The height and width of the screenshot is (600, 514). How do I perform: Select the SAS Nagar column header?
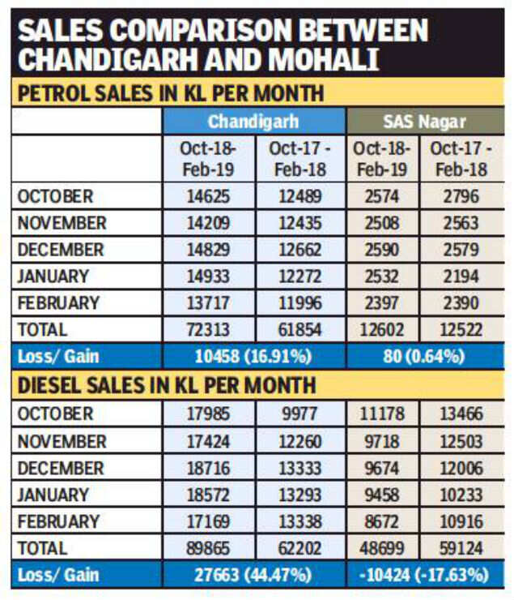pyautogui.click(x=424, y=122)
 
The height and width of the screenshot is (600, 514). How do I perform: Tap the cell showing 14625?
pyautogui.click(x=208, y=196)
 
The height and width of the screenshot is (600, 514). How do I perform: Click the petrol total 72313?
pyautogui.click(x=208, y=330)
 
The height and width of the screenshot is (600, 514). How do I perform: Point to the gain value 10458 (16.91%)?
pyautogui.click(x=253, y=357)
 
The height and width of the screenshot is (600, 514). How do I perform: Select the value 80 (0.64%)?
pyautogui.click(x=425, y=357)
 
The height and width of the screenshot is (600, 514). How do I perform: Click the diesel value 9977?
pyautogui.click(x=300, y=414)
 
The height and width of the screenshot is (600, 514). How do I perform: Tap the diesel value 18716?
pyautogui.click(x=208, y=468)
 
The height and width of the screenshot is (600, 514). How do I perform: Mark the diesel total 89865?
pyautogui.click(x=208, y=548)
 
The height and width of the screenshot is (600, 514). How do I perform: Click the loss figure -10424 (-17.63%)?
pyautogui.click(x=425, y=575)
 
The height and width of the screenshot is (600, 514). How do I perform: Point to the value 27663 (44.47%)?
pyautogui.click(x=253, y=575)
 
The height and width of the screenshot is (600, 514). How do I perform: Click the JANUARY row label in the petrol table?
pyautogui.click(x=53, y=276)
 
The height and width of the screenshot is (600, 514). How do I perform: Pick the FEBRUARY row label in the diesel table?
pyautogui.click(x=58, y=521)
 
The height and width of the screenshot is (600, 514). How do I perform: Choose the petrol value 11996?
pyautogui.click(x=300, y=303)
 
